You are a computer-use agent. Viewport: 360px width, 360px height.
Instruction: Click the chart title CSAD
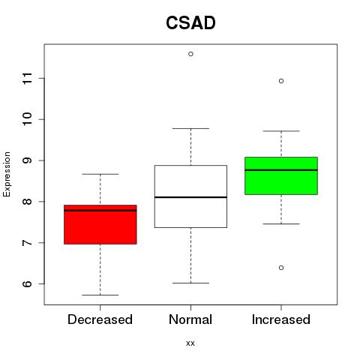pos(190,22)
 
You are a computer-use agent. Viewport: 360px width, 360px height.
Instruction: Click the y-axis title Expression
pos(7,174)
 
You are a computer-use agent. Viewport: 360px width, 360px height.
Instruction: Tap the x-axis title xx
pos(190,343)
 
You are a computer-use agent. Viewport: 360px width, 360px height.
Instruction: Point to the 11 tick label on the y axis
pos(27,78)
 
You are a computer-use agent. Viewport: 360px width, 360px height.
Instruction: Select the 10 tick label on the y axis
pos(27,119)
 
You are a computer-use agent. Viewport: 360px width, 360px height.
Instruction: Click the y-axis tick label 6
pos(27,283)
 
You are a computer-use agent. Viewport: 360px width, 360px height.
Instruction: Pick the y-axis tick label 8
pos(27,202)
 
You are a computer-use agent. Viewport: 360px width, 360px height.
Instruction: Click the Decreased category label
pos(100,319)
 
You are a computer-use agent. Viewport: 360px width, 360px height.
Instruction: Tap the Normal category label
pos(190,319)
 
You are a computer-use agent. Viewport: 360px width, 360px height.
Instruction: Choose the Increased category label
pos(281,319)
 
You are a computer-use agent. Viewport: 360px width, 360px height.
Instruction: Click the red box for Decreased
pos(100,224)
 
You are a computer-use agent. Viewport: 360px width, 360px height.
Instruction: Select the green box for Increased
pos(281,175)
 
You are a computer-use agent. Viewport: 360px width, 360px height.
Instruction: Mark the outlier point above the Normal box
pos(190,54)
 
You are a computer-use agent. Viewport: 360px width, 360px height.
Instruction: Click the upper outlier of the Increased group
pos(281,81)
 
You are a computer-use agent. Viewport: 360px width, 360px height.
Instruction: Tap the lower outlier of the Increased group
pos(281,268)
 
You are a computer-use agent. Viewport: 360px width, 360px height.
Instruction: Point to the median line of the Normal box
pos(190,197)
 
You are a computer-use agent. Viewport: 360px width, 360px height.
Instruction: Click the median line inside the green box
pos(281,170)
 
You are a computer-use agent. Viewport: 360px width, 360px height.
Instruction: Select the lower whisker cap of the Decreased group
pos(100,295)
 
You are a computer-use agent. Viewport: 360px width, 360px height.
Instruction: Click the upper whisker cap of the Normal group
pos(190,128)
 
